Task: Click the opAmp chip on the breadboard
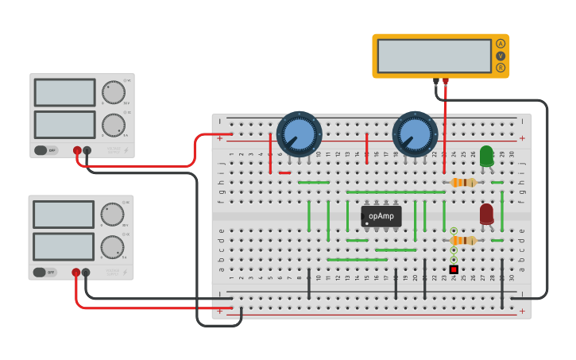(381, 216)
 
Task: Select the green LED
(486, 156)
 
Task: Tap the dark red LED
(486, 214)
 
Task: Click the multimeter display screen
(434, 56)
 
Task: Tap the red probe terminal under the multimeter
(446, 81)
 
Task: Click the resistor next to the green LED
(463, 182)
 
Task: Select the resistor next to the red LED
(463, 240)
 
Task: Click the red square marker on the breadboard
(454, 269)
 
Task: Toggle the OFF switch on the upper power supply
(47, 149)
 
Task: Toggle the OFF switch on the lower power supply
(45, 272)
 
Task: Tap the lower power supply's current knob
(112, 247)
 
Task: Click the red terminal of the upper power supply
(77, 150)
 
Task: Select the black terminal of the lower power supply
(86, 273)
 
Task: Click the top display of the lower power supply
(64, 215)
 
